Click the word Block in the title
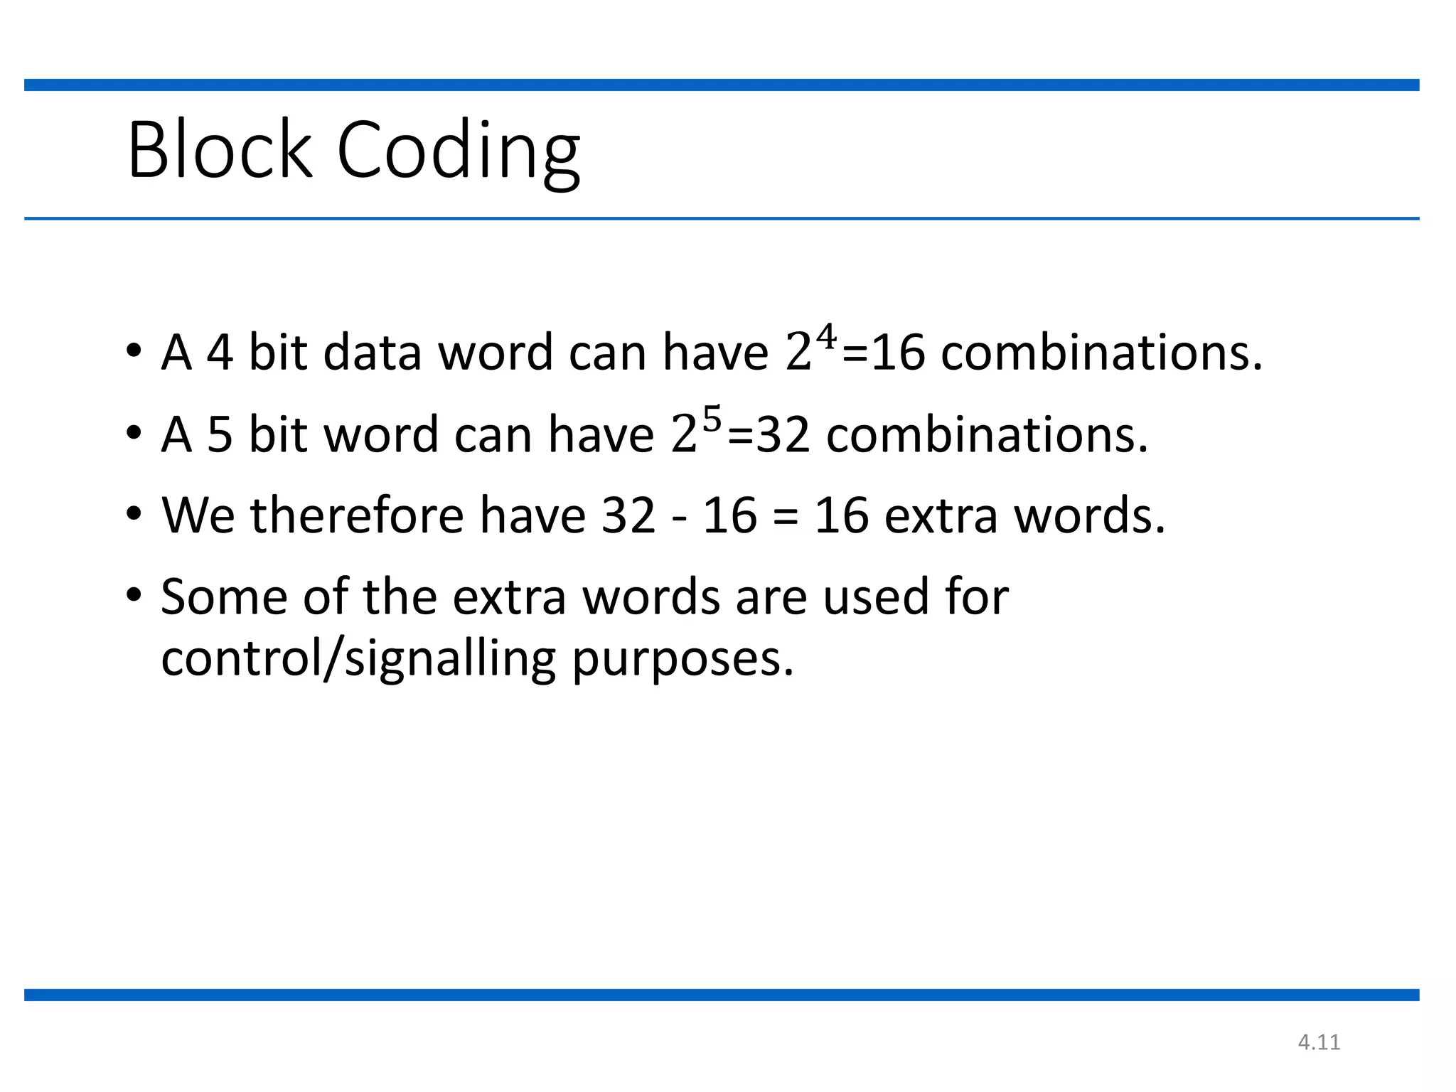click(220, 150)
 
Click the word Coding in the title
click(459, 151)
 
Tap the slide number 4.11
click(1319, 1042)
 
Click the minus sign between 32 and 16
click(679, 517)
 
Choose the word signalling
click(450, 659)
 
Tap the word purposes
click(682, 659)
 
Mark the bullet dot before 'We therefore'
click(134, 513)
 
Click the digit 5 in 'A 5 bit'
click(220, 434)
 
